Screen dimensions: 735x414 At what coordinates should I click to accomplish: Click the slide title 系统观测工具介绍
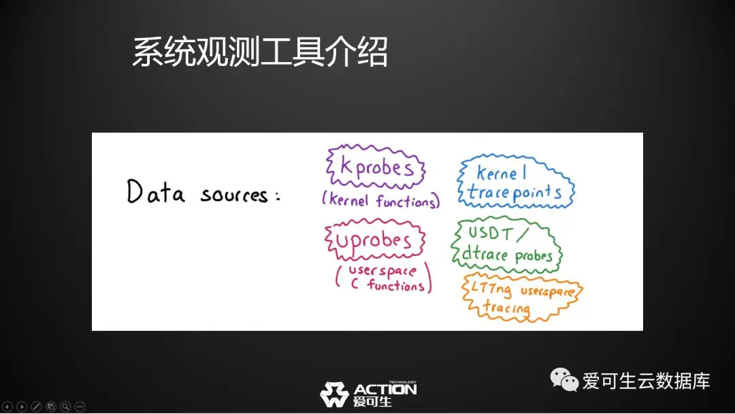tap(260, 52)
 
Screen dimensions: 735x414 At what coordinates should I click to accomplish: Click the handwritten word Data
tap(156, 192)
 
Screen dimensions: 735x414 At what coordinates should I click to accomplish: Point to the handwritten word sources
tap(234, 195)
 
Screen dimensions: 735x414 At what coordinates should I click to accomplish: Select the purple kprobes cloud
tap(376, 167)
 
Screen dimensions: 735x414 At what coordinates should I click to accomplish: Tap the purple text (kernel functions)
tap(380, 201)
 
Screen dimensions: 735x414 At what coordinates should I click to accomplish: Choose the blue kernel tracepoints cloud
tap(516, 181)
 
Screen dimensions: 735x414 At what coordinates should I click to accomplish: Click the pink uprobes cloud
tap(374, 239)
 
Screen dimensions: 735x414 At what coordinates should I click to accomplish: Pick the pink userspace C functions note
tap(383, 278)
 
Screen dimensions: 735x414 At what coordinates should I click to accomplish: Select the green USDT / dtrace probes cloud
tap(506, 244)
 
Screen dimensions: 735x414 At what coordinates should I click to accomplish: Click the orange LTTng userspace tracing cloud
tap(522, 298)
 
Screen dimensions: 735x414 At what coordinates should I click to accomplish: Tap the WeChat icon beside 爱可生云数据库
tap(564, 380)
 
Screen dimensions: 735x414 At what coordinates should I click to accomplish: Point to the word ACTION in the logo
tap(385, 389)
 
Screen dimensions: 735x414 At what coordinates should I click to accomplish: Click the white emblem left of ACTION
tap(334, 394)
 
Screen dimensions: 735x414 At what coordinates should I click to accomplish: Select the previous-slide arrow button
tap(7, 407)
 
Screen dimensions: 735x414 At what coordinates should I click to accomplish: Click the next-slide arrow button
tap(22, 407)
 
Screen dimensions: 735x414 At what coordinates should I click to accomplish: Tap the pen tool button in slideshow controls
tap(37, 407)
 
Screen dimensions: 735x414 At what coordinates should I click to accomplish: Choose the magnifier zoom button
tap(65, 407)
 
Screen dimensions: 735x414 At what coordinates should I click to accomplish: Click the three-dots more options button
tap(80, 407)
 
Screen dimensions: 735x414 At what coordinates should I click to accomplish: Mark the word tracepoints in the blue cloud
tap(514, 193)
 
